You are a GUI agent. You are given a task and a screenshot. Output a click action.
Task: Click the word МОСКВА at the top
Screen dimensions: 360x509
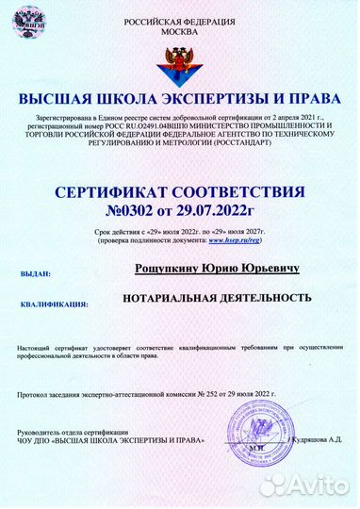coord(180,31)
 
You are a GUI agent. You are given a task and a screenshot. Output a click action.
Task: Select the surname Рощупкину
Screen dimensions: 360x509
coord(169,270)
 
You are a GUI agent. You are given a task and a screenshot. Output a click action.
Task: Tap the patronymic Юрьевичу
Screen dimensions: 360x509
coord(268,270)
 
